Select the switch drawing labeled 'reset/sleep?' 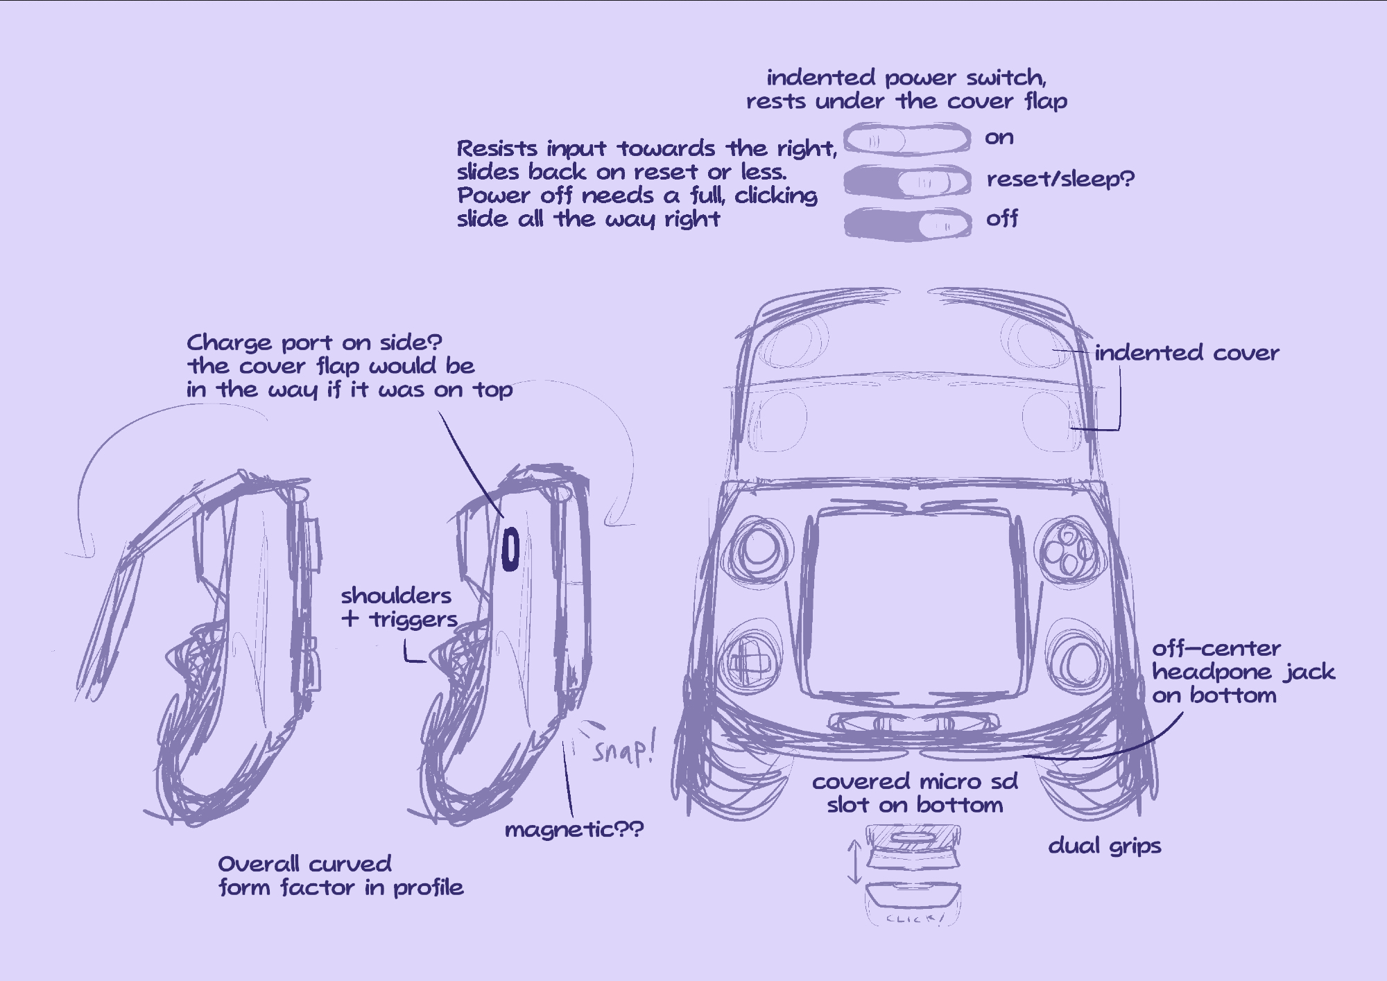[906, 182]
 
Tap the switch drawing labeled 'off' [906, 224]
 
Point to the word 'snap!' [623, 750]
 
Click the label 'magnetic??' [574, 829]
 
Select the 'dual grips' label [1104, 846]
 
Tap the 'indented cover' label [1187, 353]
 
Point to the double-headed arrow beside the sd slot [854, 862]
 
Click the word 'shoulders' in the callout [396, 596]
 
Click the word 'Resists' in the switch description [497, 148]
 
